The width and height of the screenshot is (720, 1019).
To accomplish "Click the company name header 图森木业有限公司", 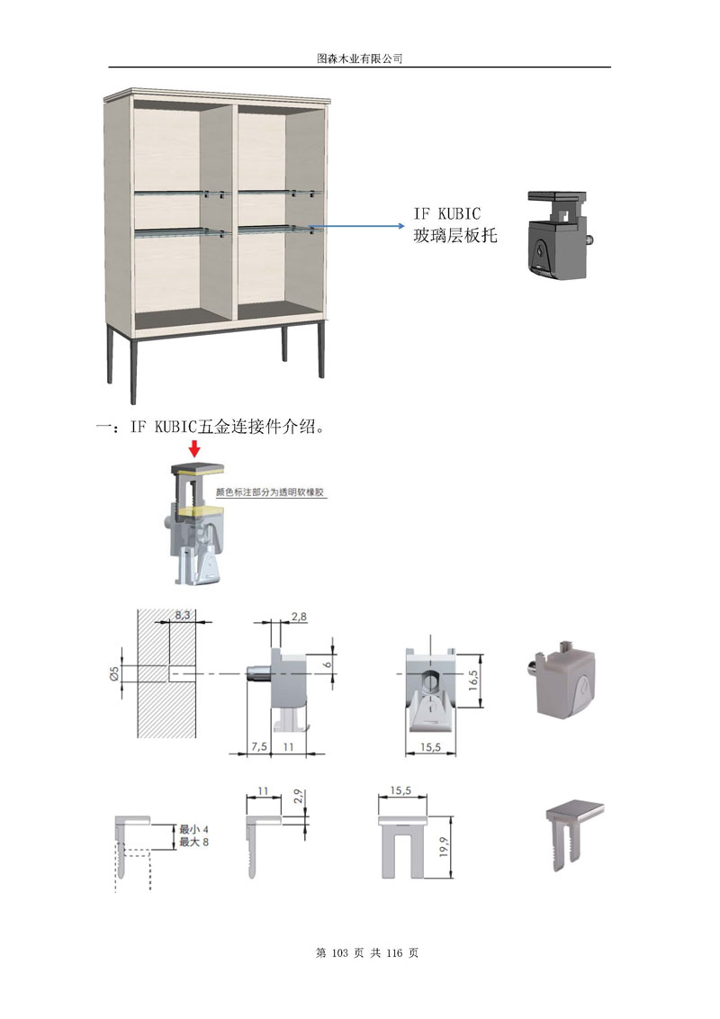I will point(359,58).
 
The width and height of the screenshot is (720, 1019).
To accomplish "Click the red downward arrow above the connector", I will point(194,448).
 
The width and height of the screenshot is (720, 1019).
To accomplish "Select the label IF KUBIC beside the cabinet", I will point(447,214).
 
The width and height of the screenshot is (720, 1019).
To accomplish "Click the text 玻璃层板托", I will point(454,237).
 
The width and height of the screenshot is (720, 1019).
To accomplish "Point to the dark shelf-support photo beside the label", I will point(558,236).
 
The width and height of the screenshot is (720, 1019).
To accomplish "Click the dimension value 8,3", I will point(183,615).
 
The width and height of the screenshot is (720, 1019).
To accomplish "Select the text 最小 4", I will point(193,829).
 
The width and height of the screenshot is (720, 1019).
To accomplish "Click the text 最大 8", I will point(193,842).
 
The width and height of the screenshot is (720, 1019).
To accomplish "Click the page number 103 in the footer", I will point(346,952).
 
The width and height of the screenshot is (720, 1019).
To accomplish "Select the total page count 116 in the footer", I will point(396,952).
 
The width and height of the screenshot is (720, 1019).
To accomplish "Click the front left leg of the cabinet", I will point(134,370).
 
